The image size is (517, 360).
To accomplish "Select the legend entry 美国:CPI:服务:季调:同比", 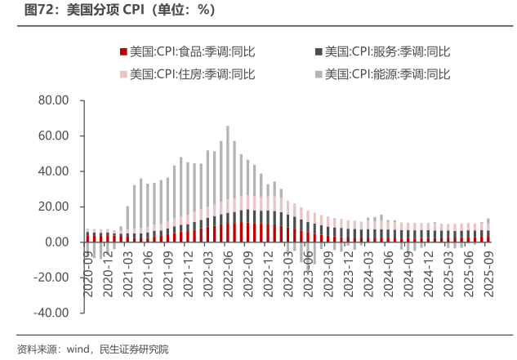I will click(x=388, y=51).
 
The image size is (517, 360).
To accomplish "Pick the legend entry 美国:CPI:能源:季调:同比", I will click(x=388, y=74).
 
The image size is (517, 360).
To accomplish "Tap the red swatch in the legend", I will click(x=123, y=51).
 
